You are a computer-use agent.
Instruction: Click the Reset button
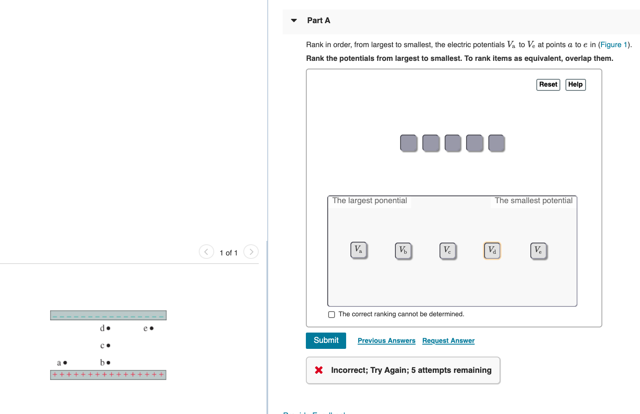click(548, 84)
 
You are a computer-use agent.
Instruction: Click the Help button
click(575, 84)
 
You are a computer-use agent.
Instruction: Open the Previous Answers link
click(386, 341)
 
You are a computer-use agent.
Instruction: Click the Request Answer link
click(448, 341)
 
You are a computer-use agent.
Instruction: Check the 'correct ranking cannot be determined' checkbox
click(332, 315)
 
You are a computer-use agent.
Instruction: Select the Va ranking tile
click(358, 249)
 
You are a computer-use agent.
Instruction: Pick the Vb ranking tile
click(403, 250)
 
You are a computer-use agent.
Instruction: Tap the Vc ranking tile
click(447, 250)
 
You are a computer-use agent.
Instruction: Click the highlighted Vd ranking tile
click(492, 250)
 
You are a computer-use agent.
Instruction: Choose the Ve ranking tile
click(538, 250)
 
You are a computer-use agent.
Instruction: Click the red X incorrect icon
click(319, 370)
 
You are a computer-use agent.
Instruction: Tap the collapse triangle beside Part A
click(294, 21)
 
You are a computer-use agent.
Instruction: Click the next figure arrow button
click(251, 252)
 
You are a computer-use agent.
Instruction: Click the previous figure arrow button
click(206, 252)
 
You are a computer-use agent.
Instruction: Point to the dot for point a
click(65, 363)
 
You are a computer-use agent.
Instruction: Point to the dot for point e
click(152, 328)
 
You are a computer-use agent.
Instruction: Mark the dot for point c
click(108, 345)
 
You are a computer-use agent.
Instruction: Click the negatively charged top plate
click(108, 315)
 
